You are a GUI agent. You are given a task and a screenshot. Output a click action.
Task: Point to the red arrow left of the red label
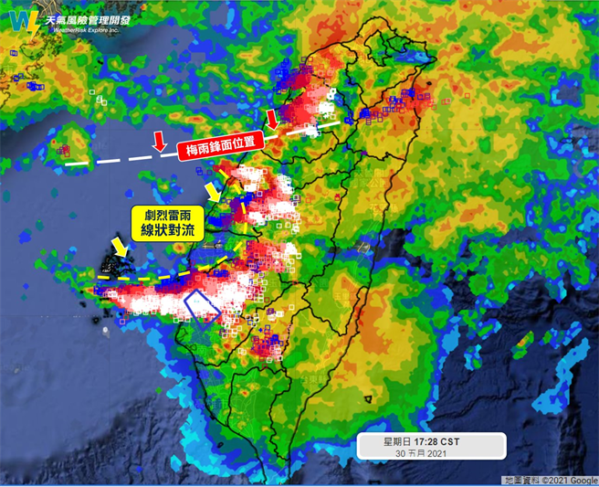pyautogui.click(x=159, y=140)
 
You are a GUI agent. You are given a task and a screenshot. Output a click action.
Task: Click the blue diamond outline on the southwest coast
pyautogui.click(x=203, y=306)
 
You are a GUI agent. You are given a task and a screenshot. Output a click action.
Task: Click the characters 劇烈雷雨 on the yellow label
pyautogui.click(x=165, y=213)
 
